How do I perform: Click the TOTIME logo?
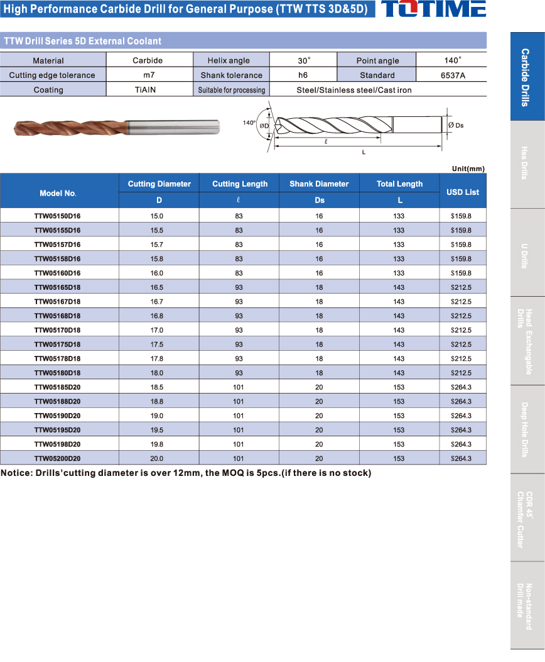433,9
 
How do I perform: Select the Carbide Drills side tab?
526,77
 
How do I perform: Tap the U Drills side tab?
526,253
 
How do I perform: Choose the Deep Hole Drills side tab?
526,429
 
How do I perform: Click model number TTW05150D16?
57,216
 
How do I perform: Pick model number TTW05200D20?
57,458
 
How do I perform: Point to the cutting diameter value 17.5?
159,345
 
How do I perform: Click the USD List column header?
463,192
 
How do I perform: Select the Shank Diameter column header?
319,184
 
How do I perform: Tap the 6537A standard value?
452,75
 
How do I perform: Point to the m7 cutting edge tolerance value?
148,75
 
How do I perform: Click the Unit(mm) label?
468,168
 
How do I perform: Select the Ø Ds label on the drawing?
456,125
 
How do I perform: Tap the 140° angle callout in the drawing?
249,123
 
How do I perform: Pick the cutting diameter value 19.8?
159,444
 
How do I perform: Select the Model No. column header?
58,193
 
